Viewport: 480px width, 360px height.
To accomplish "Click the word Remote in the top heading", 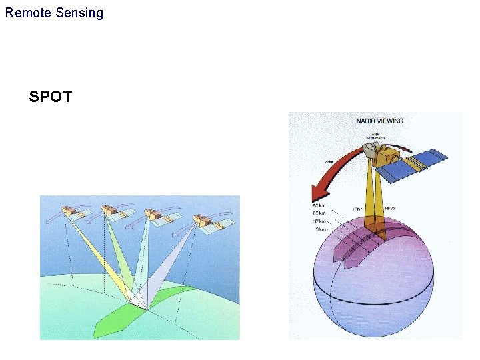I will (x=26, y=13).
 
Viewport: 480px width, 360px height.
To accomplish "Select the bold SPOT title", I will (x=51, y=97).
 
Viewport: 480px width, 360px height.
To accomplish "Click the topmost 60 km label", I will (x=319, y=205).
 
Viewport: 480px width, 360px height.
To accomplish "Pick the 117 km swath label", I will (x=320, y=221).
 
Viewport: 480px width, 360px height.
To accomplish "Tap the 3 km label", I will (x=321, y=229).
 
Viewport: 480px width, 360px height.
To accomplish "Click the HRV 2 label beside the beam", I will (x=392, y=208).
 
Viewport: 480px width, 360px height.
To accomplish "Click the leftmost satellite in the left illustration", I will (x=72, y=213).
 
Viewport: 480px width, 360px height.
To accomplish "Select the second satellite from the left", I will (x=111, y=213).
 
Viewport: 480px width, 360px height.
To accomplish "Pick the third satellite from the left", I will (x=155, y=215).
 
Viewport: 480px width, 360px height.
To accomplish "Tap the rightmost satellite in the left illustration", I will (x=203, y=219).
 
